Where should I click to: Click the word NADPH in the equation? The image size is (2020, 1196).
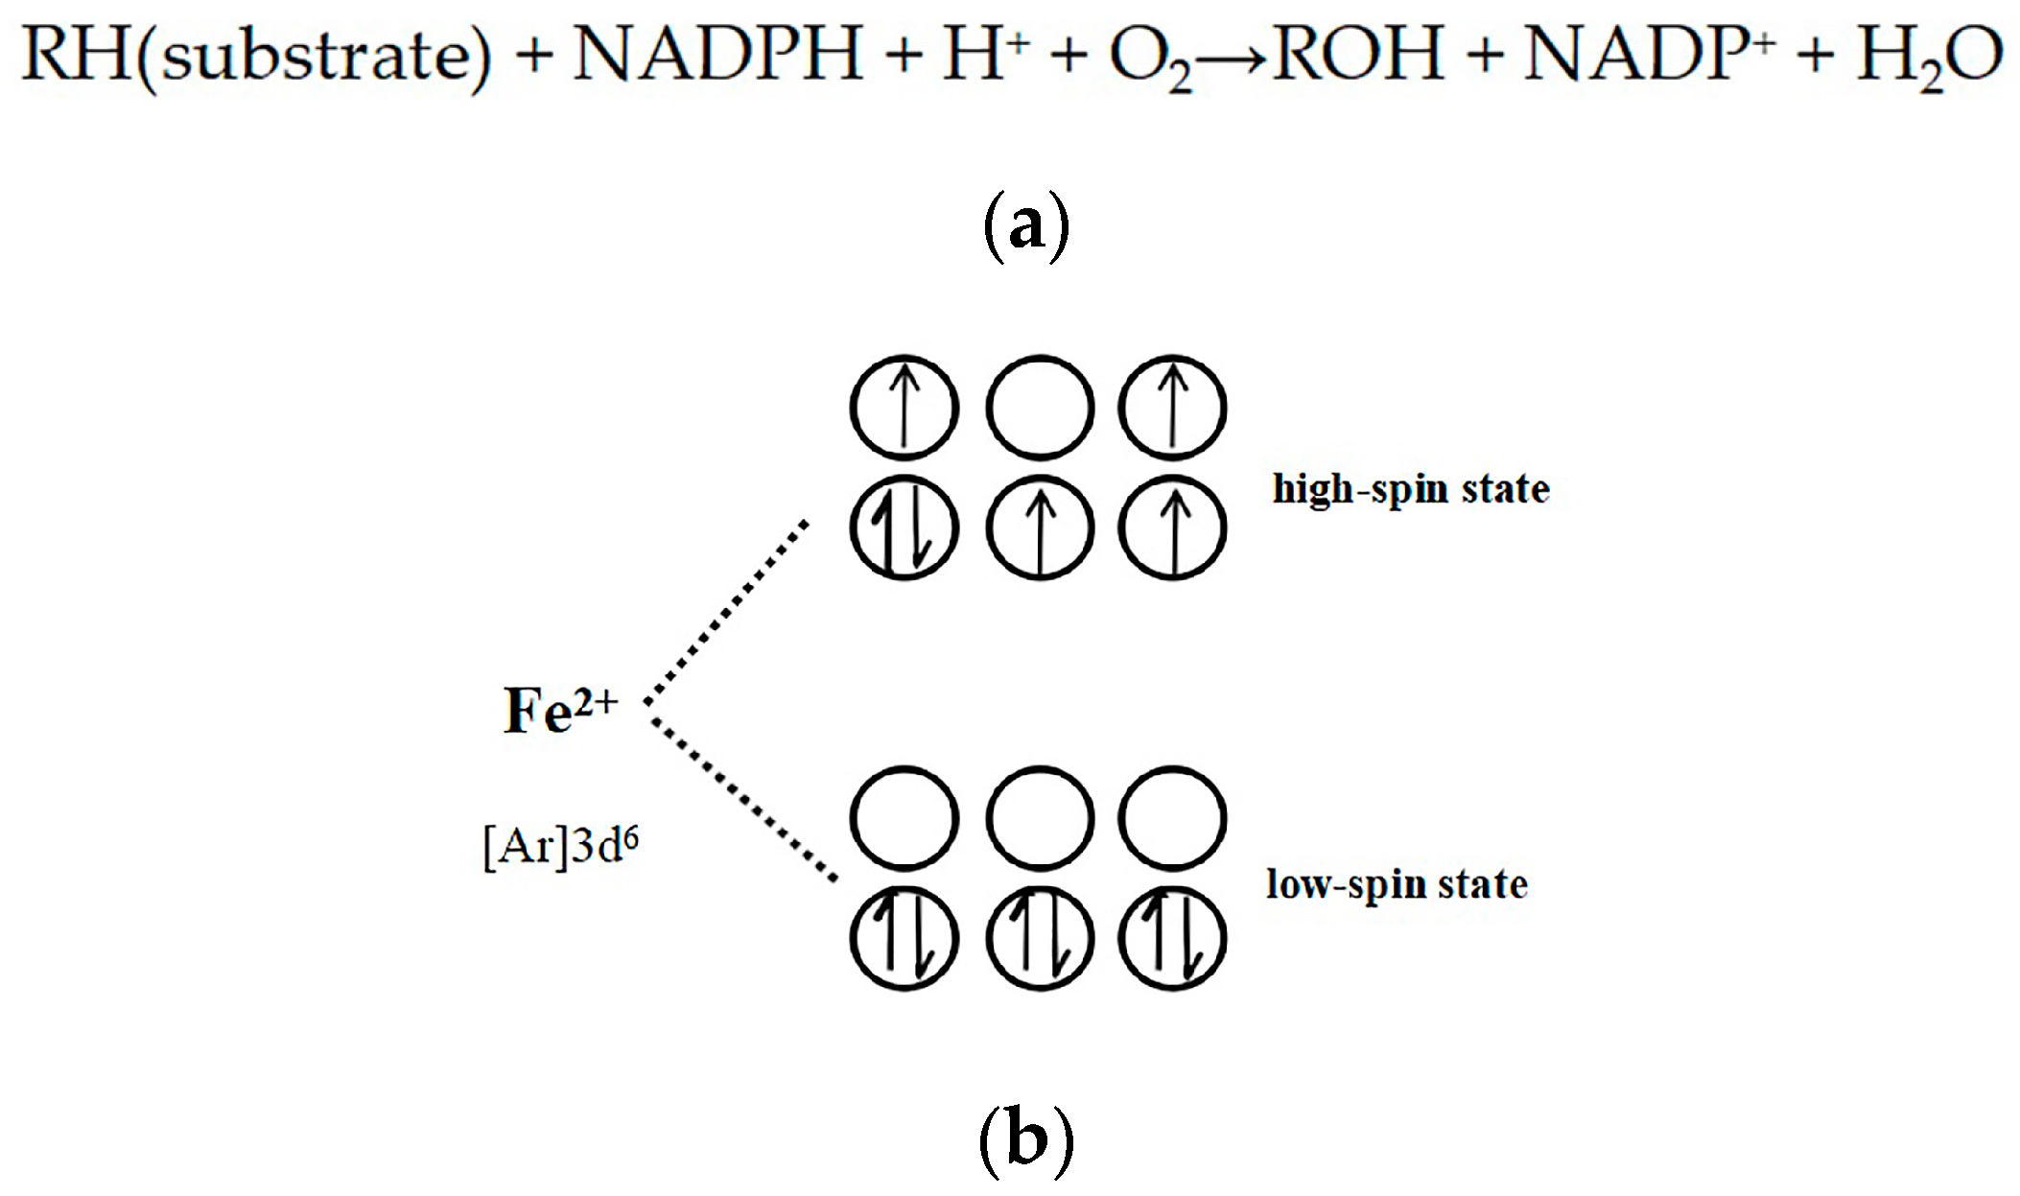click(717, 55)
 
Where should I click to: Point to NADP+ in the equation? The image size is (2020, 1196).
click(1643, 55)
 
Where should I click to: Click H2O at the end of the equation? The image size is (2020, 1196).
click(1928, 58)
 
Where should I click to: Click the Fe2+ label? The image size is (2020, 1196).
click(560, 712)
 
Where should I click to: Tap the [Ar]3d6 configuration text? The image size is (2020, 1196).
click(560, 847)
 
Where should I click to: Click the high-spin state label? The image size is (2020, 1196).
click(1410, 489)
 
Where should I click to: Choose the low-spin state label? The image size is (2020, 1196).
click(1397, 884)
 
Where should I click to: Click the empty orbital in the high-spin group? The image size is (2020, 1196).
click(1039, 408)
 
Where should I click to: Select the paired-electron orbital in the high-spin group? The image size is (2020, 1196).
click(904, 528)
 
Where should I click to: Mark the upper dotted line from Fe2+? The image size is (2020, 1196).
click(727, 611)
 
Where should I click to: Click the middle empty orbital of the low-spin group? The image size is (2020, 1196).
click(1039, 818)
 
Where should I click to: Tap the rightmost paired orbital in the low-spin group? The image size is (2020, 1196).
click(1172, 939)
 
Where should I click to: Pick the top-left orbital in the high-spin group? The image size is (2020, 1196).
click(904, 408)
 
